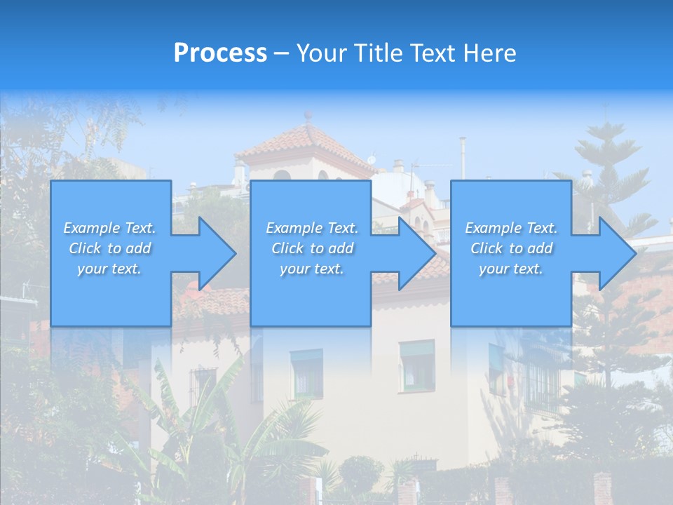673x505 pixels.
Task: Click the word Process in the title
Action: pyautogui.click(x=220, y=53)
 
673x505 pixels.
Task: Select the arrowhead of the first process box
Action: pyautogui.click(x=214, y=253)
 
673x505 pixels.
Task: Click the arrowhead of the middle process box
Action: pyautogui.click(x=414, y=253)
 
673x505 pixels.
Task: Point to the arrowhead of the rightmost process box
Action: pyautogui.click(x=614, y=253)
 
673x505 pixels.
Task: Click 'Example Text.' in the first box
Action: pyautogui.click(x=109, y=228)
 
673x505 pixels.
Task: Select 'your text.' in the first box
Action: pyautogui.click(x=109, y=269)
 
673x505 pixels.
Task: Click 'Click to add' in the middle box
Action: pyautogui.click(x=312, y=248)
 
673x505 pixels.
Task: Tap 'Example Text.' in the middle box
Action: pyautogui.click(x=312, y=228)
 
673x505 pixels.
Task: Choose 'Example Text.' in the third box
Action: pyautogui.click(x=511, y=228)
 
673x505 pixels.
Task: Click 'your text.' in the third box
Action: pyautogui.click(x=511, y=269)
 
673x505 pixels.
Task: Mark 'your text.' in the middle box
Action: pyautogui.click(x=312, y=269)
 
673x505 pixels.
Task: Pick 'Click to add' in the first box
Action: pyautogui.click(x=109, y=248)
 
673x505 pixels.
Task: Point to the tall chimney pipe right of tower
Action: pyautogui.click(x=463, y=158)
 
